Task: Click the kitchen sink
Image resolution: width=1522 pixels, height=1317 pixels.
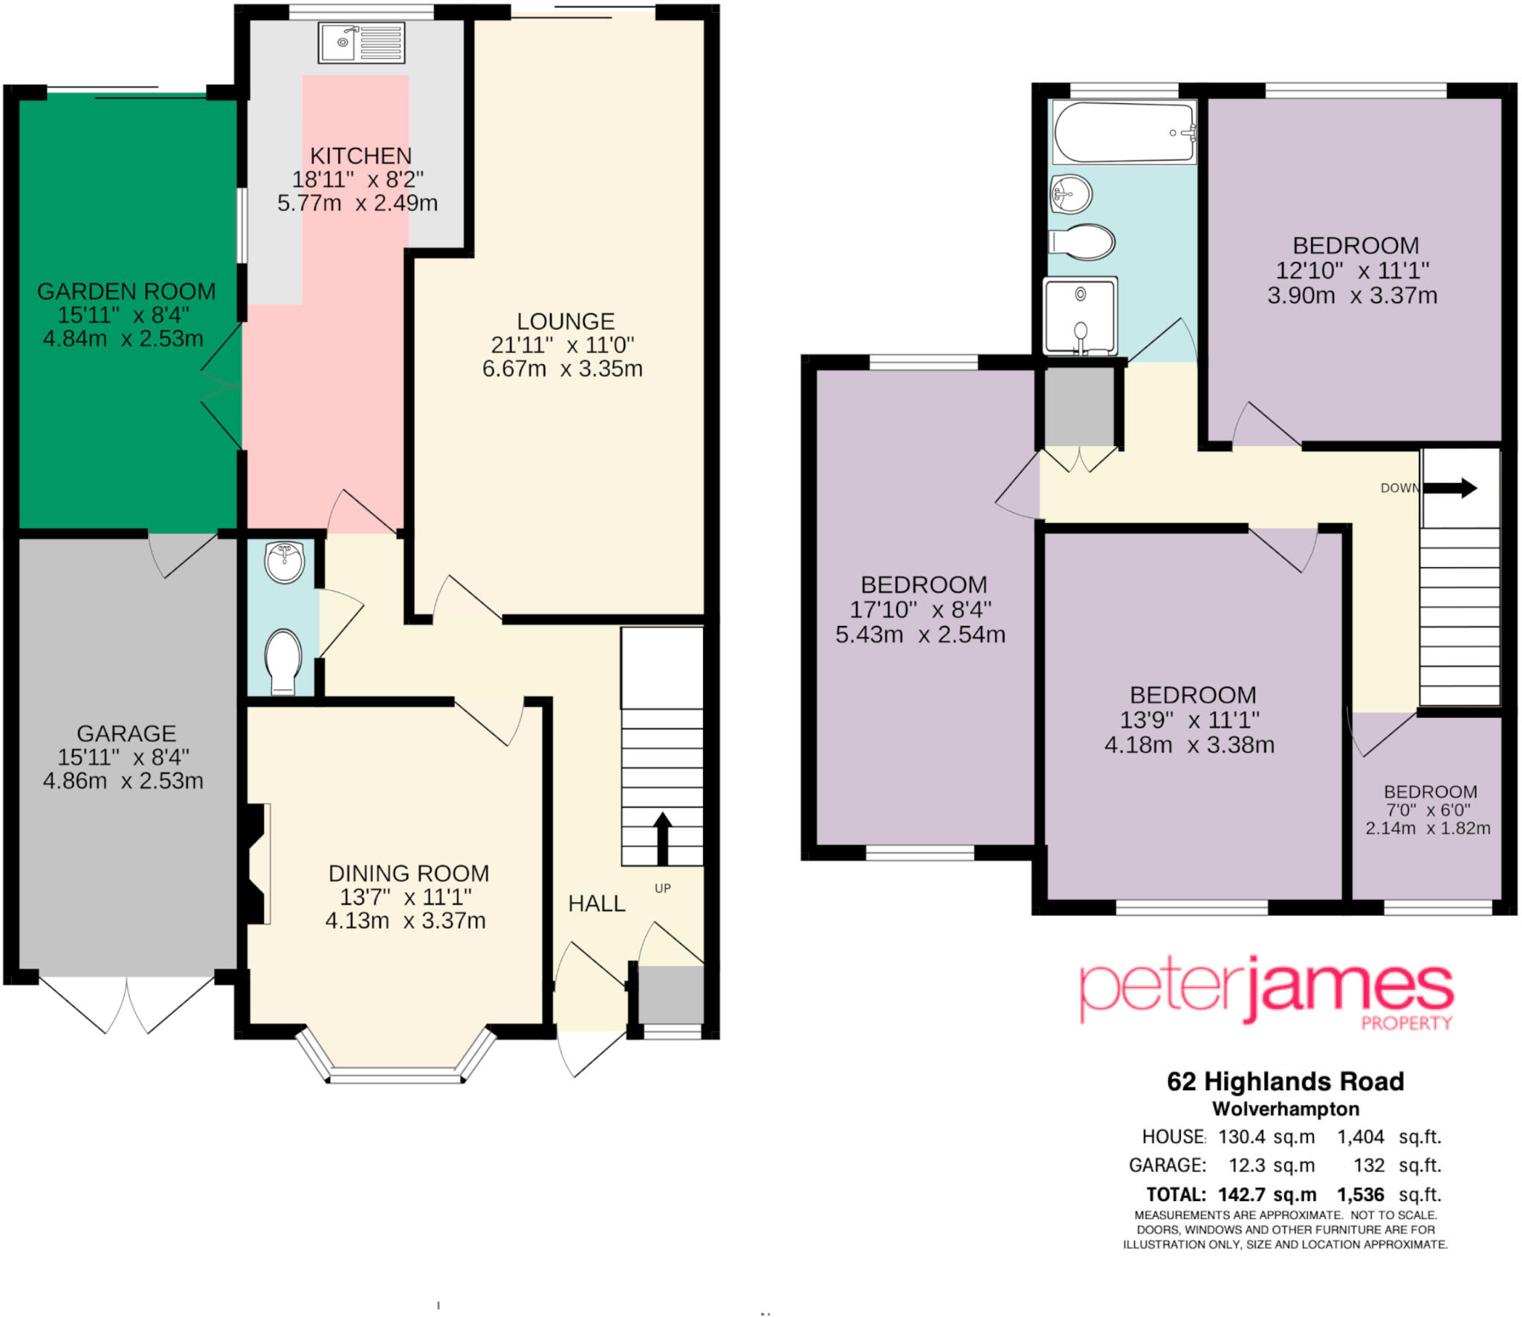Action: (362, 42)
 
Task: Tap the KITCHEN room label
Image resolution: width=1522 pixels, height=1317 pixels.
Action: (360, 156)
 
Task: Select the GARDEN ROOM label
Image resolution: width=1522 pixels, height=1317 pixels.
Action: (126, 291)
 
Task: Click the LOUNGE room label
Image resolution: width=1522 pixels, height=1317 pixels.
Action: (566, 321)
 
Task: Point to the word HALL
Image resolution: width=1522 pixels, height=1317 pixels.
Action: (596, 904)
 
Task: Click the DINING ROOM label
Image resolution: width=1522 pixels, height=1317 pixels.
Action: (409, 873)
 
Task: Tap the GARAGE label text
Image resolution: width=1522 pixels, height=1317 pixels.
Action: (126, 734)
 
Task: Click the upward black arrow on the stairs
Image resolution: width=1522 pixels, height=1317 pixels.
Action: (662, 836)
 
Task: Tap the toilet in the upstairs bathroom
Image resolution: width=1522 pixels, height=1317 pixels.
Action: (1082, 242)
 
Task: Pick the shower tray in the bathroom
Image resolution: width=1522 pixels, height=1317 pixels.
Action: (1080, 315)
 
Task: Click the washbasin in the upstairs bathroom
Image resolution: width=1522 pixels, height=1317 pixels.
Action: (1070, 195)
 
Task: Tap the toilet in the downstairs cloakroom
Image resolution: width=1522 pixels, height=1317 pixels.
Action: (283, 660)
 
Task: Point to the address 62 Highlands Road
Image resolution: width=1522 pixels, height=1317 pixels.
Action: (1285, 1081)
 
